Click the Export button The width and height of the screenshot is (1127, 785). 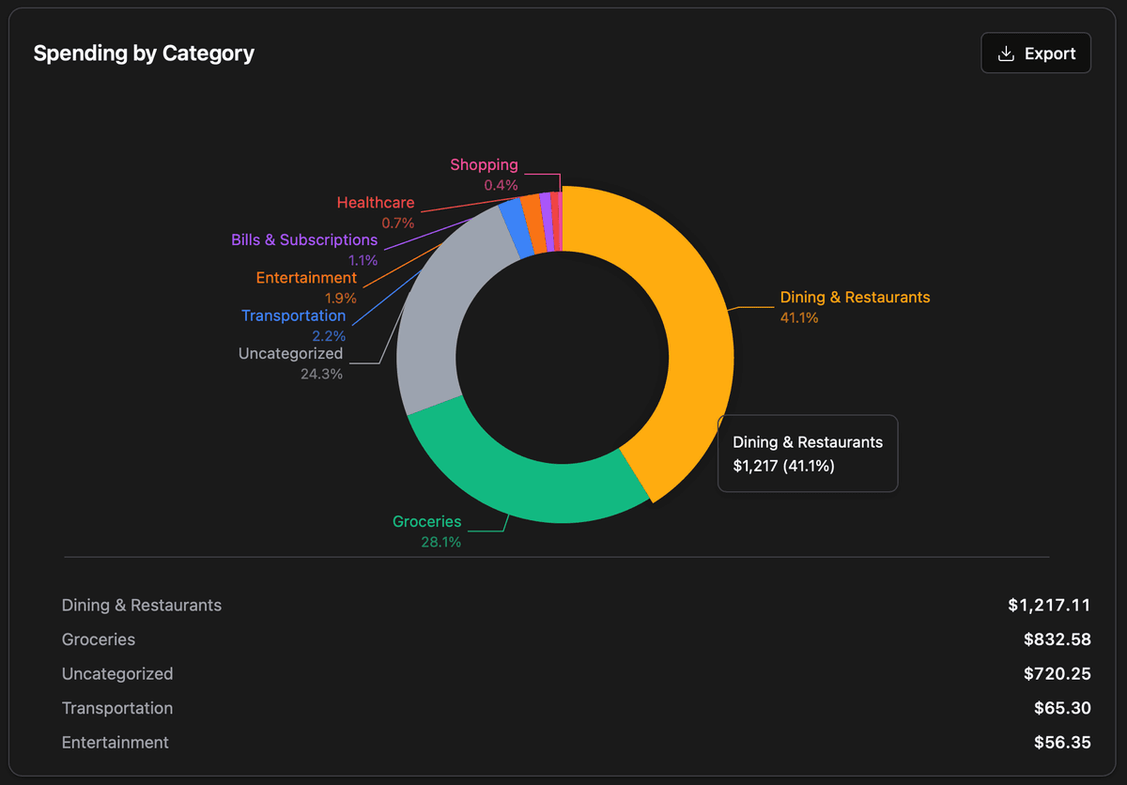click(1035, 54)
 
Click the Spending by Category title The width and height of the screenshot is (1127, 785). click(144, 54)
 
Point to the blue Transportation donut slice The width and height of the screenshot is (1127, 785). click(513, 228)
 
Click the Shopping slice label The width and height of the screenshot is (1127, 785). click(484, 165)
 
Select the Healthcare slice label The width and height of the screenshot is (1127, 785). click(375, 203)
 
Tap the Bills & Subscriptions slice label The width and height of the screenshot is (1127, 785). click(304, 240)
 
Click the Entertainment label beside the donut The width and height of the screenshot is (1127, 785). click(306, 278)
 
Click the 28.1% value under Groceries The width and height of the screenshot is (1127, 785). click(440, 542)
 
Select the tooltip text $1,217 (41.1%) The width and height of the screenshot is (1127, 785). click(783, 466)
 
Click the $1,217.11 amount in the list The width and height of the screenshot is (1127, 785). click(1049, 605)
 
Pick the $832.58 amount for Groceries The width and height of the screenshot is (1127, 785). click(1057, 639)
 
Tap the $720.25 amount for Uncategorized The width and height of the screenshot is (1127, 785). click(1057, 673)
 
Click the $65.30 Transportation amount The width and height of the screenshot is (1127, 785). click(1062, 708)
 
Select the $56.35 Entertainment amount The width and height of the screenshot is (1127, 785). click(1062, 742)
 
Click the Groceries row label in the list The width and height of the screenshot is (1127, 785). click(99, 639)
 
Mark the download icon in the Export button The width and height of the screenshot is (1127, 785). click(1006, 54)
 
